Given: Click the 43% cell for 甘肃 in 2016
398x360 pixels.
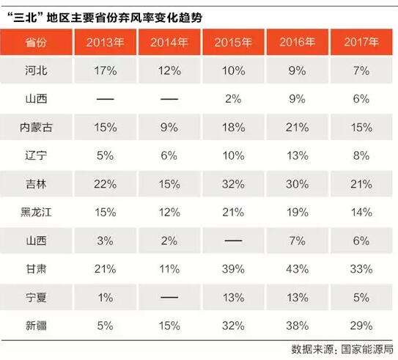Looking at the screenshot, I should (x=296, y=268).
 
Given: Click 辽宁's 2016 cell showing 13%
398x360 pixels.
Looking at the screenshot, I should (x=296, y=156).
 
